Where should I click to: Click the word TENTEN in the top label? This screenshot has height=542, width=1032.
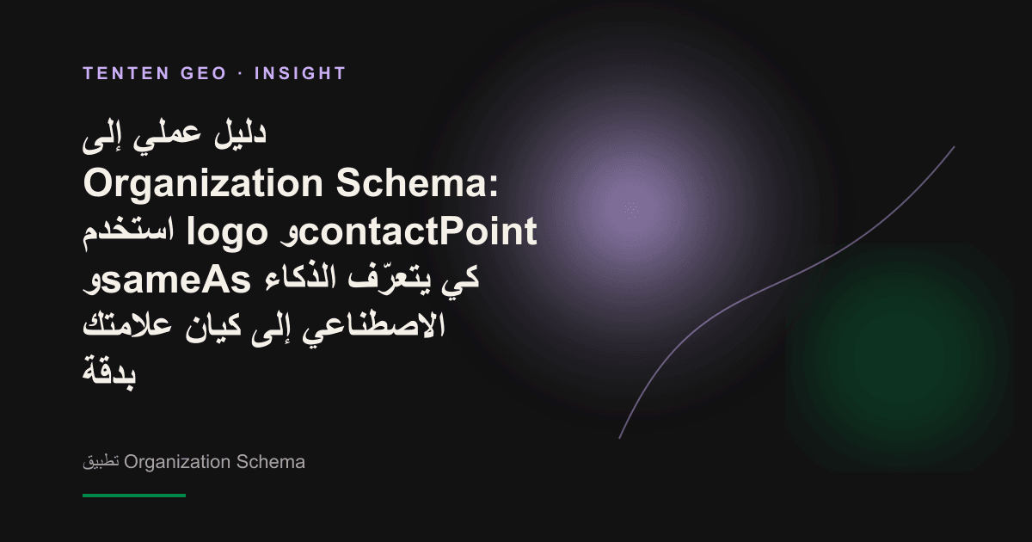126,73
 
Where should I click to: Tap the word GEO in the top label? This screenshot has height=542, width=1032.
204,73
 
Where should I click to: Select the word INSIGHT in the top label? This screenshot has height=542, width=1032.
300,73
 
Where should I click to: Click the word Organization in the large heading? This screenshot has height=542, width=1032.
203,184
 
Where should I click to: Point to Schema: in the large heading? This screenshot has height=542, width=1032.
417,183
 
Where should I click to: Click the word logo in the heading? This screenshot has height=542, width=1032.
227,232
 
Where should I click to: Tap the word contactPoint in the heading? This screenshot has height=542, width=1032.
418,231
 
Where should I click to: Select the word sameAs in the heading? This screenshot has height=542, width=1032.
175,280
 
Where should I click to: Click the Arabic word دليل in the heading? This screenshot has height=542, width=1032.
240,134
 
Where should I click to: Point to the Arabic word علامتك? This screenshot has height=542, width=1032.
127,325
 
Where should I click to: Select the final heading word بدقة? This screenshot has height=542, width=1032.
109,373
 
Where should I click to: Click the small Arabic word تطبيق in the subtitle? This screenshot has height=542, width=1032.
101,462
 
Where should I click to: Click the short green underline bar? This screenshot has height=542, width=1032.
134,496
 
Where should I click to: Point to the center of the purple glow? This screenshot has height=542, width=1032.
631,210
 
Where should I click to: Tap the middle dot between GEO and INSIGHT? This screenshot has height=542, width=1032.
241,73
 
